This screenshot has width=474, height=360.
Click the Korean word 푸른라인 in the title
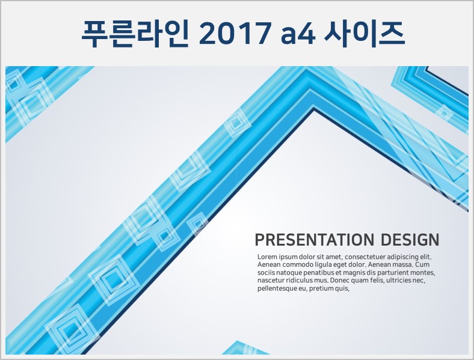[x=135, y=33]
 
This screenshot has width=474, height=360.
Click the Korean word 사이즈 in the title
[x=365, y=33]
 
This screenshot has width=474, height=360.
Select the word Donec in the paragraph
[x=338, y=280]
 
